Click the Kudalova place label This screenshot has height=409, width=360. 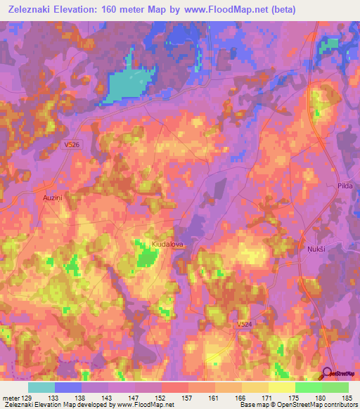coord(167,244)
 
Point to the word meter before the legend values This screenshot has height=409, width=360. coord(9,397)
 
